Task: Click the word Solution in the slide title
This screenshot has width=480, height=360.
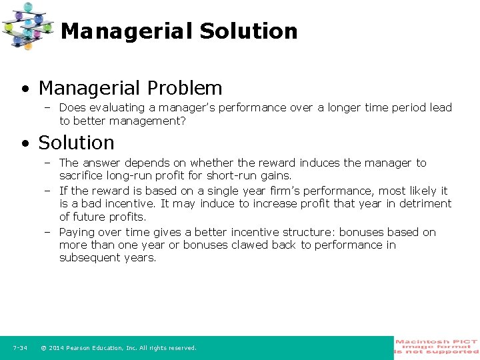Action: (x=248, y=31)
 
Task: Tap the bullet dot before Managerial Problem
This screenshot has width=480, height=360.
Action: (x=25, y=89)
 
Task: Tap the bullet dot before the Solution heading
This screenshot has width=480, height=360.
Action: (x=25, y=143)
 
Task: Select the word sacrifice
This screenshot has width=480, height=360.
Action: (x=83, y=176)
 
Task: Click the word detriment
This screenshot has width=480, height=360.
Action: (x=425, y=203)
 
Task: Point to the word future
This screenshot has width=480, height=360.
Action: (x=89, y=217)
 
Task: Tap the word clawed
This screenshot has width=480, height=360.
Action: (x=248, y=245)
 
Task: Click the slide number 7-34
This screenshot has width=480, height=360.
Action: (x=19, y=348)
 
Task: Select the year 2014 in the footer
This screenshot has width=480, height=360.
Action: (x=59, y=348)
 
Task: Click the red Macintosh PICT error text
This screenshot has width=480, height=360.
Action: (x=437, y=347)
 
